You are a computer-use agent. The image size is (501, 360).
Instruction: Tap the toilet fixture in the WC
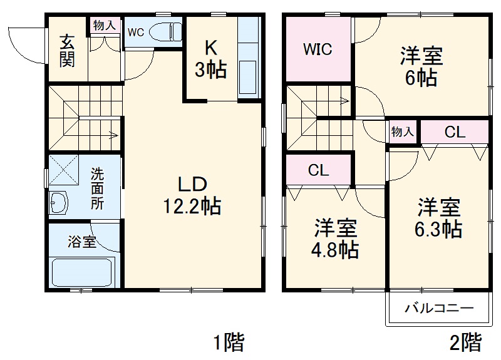click(167, 31)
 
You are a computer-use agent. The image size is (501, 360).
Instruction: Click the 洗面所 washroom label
click(98, 188)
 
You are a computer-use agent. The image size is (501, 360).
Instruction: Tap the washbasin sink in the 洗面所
click(60, 202)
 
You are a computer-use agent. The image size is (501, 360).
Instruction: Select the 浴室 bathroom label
click(82, 241)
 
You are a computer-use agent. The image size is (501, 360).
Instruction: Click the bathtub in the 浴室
click(81, 272)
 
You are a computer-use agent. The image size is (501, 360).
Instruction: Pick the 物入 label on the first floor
click(104, 25)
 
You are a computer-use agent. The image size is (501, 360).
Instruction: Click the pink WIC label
click(318, 49)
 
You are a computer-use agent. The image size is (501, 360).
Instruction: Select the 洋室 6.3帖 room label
click(439, 219)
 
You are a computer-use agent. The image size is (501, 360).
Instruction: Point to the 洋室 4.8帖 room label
click(336, 239)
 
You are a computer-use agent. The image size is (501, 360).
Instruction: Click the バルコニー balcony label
click(438, 309)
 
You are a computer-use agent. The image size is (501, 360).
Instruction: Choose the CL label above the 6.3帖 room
click(455, 132)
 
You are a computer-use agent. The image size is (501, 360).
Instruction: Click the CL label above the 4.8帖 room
click(319, 170)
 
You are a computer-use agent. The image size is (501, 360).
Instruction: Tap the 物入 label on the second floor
click(402, 132)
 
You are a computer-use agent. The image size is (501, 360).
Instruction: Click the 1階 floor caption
click(228, 342)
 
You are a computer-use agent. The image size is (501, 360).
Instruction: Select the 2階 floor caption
click(466, 342)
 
